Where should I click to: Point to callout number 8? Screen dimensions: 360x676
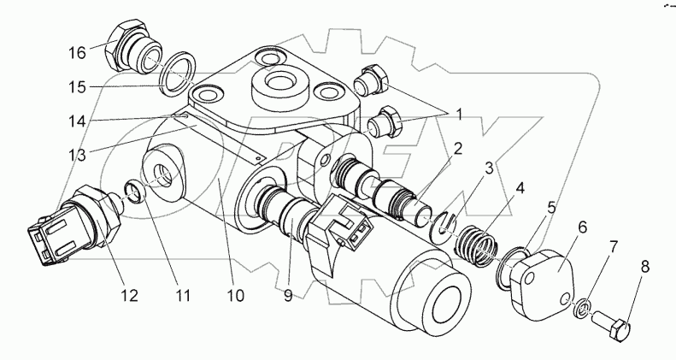point(645,267)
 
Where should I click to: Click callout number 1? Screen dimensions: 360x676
point(459,112)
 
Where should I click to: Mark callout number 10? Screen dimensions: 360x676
point(235,297)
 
